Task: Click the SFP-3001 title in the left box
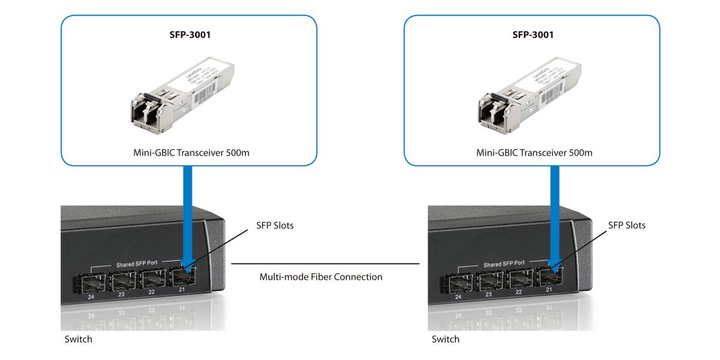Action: [190, 35]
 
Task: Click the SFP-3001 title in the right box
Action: [533, 35]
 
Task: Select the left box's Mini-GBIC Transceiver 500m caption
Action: [191, 152]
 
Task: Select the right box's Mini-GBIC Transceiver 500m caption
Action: [534, 152]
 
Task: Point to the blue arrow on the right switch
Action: [555, 216]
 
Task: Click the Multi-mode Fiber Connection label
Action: [320, 277]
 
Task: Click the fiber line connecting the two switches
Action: [324, 263]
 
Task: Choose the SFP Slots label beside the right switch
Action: [627, 226]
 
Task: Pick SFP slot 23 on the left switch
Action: [122, 280]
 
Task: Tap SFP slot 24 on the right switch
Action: [458, 282]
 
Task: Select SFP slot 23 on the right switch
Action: [490, 281]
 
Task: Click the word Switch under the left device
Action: [79, 340]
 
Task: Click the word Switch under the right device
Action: [446, 340]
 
